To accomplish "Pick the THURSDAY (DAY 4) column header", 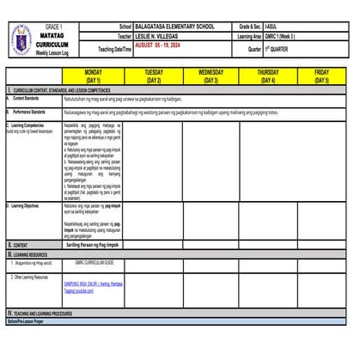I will (x=268, y=76).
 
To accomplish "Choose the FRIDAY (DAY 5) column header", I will (x=321, y=76).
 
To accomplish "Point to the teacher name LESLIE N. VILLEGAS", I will (x=167, y=38).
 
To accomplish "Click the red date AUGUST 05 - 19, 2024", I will (x=164, y=47).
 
